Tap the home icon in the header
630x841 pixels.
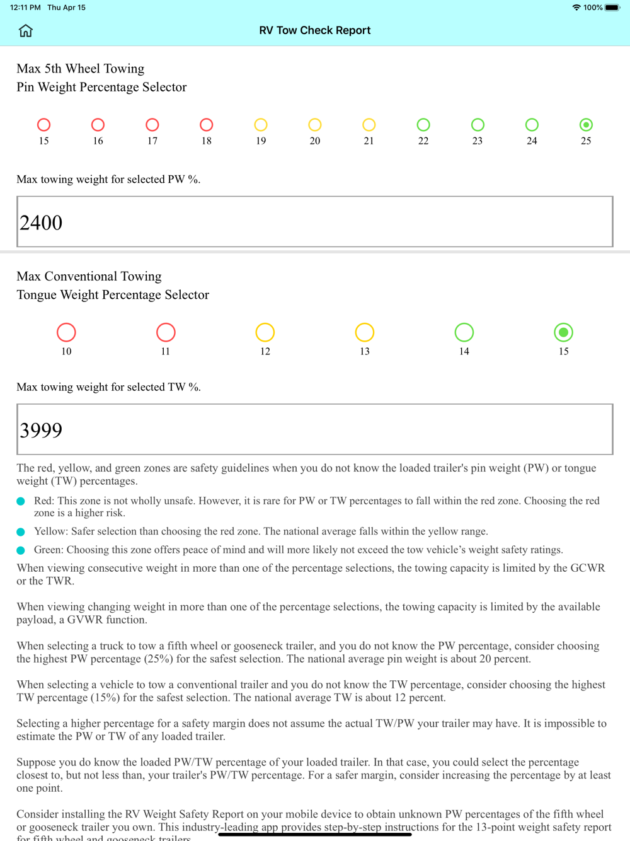pyautogui.click(x=26, y=30)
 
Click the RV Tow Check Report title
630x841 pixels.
pyautogui.click(x=315, y=30)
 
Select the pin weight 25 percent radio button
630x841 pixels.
pyautogui.click(x=586, y=125)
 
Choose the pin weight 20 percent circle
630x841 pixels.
pyautogui.click(x=315, y=125)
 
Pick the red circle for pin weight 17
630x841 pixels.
pyautogui.click(x=152, y=125)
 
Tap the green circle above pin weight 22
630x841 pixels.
pyautogui.click(x=423, y=125)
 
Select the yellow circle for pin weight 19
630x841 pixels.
pyautogui.click(x=261, y=125)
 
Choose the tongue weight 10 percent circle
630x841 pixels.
pyautogui.click(x=66, y=332)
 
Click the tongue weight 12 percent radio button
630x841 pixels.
pyautogui.click(x=265, y=332)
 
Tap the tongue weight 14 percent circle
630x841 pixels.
pyautogui.click(x=464, y=332)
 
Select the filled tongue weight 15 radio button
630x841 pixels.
pyautogui.click(x=563, y=332)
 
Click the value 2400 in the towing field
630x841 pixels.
pyautogui.click(x=42, y=223)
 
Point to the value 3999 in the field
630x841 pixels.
pyautogui.click(x=42, y=430)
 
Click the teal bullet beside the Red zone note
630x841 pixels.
pyautogui.click(x=21, y=501)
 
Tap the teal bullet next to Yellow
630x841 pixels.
pyautogui.click(x=21, y=532)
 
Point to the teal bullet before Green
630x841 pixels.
pyautogui.click(x=21, y=550)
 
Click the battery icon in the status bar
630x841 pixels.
pyautogui.click(x=612, y=8)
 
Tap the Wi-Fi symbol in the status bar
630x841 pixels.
pyautogui.click(x=576, y=8)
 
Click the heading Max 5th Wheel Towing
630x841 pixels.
pyautogui.click(x=81, y=69)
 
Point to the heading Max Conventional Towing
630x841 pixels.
pyautogui.click(x=89, y=276)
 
